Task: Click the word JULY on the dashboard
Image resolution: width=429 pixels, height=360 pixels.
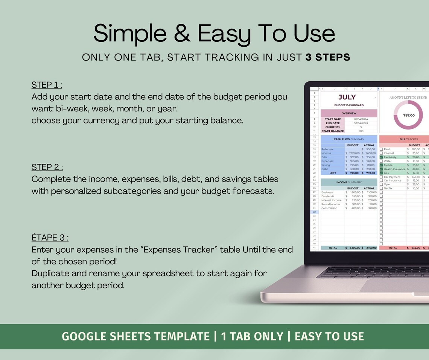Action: tap(347, 97)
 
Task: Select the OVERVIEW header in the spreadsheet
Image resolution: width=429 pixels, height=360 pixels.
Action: tap(349, 113)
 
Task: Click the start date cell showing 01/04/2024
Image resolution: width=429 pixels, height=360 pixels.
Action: tap(361, 119)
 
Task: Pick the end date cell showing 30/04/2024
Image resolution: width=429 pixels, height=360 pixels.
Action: tap(361, 123)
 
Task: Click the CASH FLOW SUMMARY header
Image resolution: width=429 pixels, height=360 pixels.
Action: tap(349, 139)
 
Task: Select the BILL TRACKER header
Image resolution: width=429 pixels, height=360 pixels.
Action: tap(409, 139)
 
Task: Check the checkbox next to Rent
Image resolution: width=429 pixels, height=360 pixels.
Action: tap(381, 149)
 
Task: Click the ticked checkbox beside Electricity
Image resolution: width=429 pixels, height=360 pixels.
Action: tap(381, 157)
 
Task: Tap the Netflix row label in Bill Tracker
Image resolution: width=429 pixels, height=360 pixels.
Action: tap(388, 188)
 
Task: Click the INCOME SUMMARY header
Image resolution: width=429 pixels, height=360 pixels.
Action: tap(349, 182)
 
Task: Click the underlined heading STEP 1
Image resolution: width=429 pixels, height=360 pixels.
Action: tap(47, 85)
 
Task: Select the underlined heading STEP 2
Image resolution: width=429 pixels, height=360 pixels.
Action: tap(47, 167)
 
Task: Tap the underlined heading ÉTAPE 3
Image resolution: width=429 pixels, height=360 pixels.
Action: tap(50, 238)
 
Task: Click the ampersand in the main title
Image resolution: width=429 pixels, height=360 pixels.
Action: tap(182, 34)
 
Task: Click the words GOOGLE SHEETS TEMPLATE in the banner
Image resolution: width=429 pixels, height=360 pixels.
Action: tap(135, 336)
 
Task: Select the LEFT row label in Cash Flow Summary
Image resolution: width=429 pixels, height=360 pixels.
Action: tap(332, 173)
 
